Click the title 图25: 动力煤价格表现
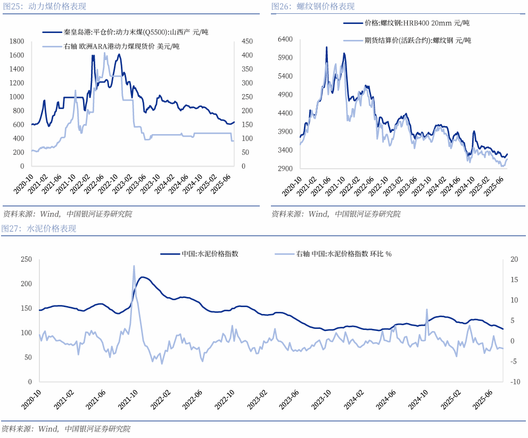[x=44, y=7]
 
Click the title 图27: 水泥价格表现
[x=39, y=229]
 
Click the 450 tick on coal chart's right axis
[x=247, y=42]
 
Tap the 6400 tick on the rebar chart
[x=286, y=39]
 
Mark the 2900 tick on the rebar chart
[x=286, y=169]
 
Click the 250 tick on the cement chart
[x=26, y=259]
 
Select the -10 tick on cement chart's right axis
[x=515, y=382]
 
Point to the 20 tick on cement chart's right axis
[x=514, y=259]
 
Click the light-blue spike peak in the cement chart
[x=134, y=266]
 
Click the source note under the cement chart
[x=66, y=428]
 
